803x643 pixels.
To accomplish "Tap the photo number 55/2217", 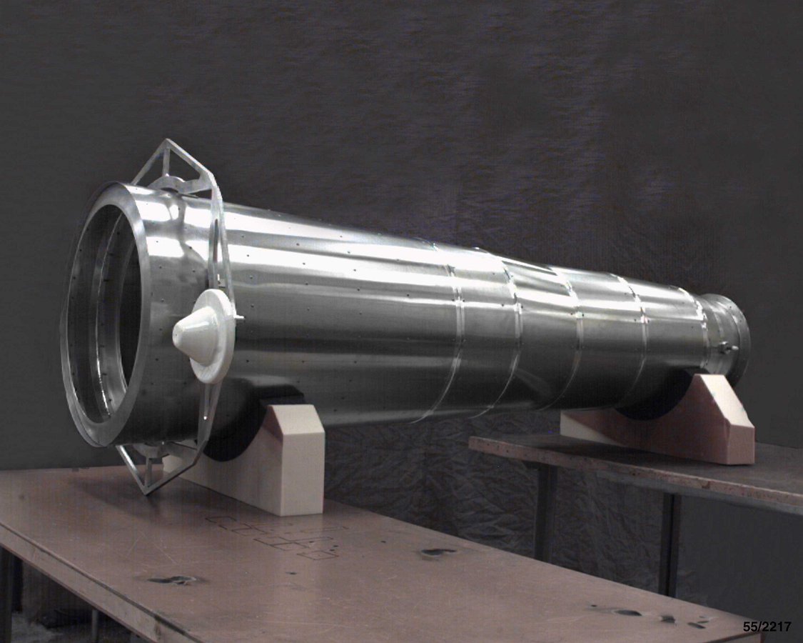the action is coord(767,627).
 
